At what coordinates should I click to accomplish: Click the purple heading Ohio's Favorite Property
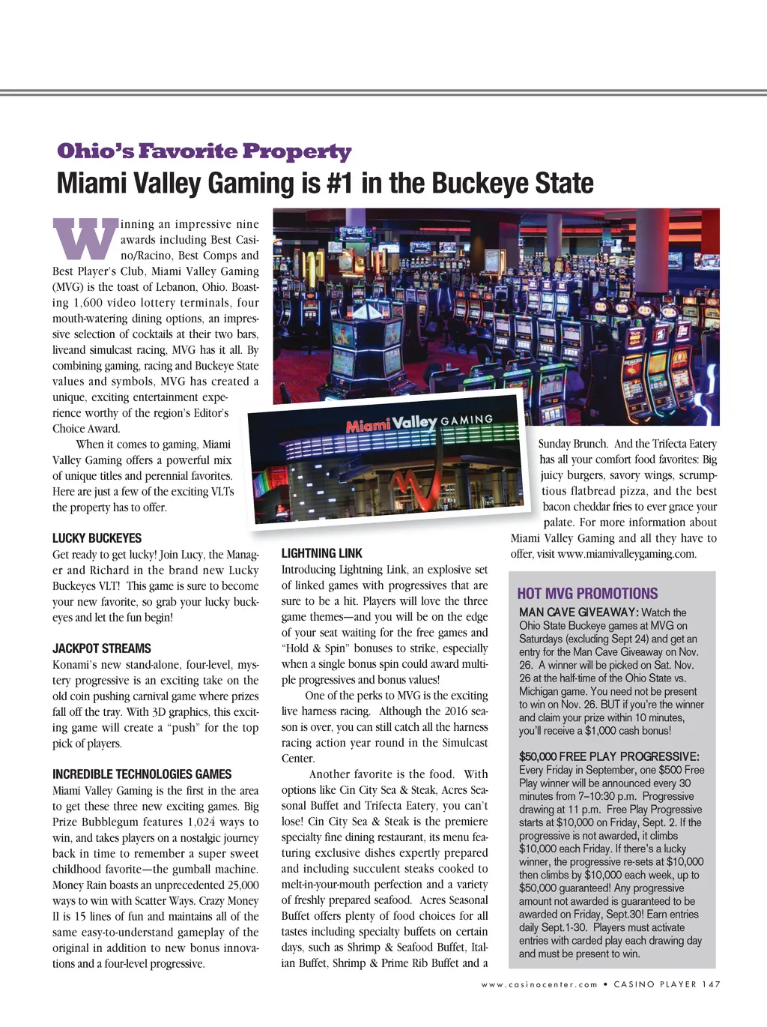pyautogui.click(x=204, y=151)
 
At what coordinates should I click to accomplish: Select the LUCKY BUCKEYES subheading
pyautogui.click(x=97, y=538)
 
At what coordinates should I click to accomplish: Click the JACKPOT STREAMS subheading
pyautogui.click(x=102, y=648)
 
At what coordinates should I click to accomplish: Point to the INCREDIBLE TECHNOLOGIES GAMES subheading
pyautogui.click(x=142, y=774)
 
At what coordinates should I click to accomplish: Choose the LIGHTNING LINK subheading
pyautogui.click(x=321, y=553)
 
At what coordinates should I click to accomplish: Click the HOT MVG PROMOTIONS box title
pyautogui.click(x=587, y=593)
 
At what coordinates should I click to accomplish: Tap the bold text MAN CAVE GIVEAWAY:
pyautogui.click(x=578, y=612)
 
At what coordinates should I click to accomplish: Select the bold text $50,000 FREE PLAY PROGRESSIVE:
pyautogui.click(x=609, y=756)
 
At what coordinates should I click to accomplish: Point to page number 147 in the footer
pyautogui.click(x=711, y=984)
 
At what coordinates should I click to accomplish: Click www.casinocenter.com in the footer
pyautogui.click(x=539, y=984)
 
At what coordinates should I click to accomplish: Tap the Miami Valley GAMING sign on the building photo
pyautogui.click(x=419, y=424)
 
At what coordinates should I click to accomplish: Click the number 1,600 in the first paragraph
pyautogui.click(x=92, y=303)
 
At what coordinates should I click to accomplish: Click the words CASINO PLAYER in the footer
pyautogui.click(x=655, y=984)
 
